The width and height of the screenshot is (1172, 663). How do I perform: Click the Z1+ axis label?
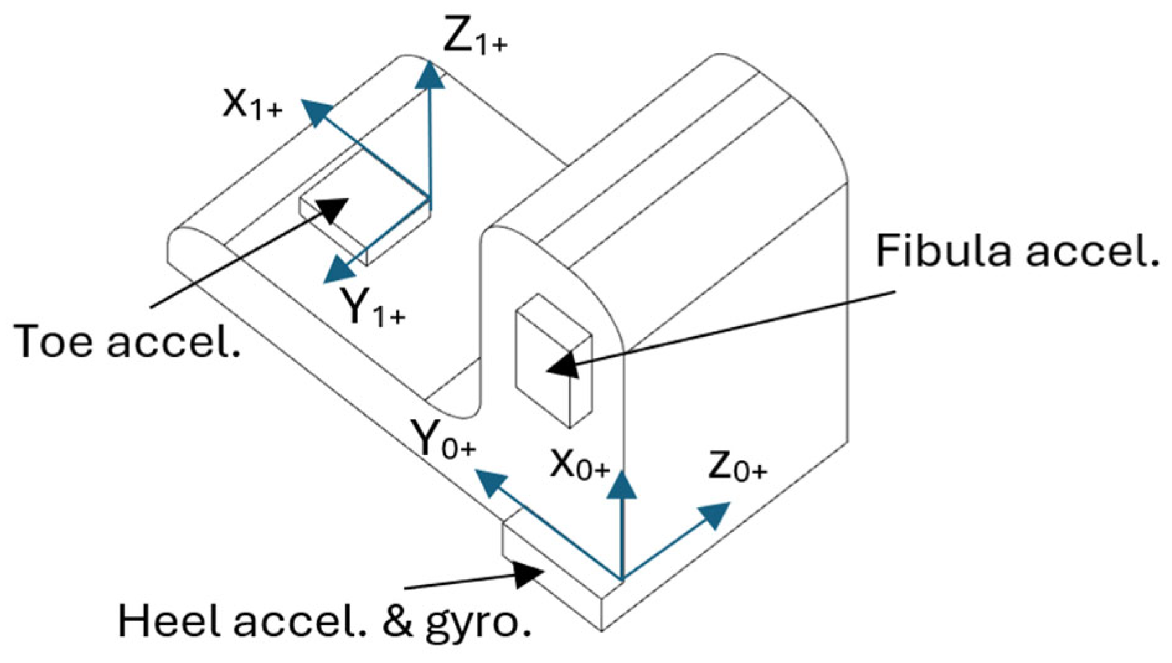point(474,37)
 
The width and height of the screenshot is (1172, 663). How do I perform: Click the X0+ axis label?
point(580,464)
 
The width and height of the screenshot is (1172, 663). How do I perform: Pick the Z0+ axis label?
point(737,466)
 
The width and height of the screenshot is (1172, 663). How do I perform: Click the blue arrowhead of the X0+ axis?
point(622,486)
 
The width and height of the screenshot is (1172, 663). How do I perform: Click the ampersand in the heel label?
point(397,621)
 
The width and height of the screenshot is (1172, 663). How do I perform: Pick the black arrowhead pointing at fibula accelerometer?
point(562,365)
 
